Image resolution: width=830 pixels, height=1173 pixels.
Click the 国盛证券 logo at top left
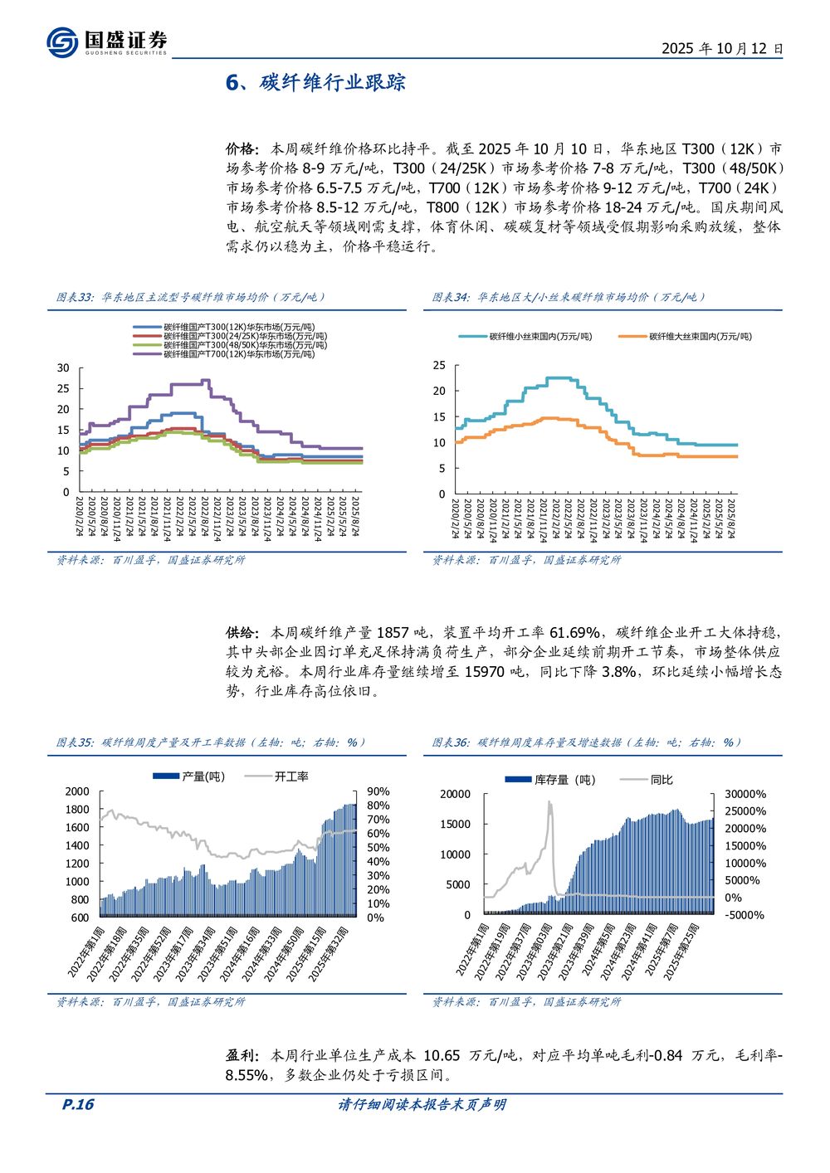pyautogui.click(x=106, y=41)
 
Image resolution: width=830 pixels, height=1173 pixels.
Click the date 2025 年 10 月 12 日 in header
pyautogui.click(x=721, y=48)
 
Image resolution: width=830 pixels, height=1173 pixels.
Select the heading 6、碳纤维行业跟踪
pyautogui.click(x=315, y=83)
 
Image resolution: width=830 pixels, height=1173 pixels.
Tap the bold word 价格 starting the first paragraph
pyautogui.click(x=241, y=149)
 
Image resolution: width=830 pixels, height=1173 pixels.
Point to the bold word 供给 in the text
pyautogui.click(x=241, y=633)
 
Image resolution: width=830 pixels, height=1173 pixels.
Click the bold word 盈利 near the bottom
pyautogui.click(x=241, y=1055)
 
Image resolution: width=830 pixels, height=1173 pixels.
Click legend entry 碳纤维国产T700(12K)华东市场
pyautogui.click(x=239, y=354)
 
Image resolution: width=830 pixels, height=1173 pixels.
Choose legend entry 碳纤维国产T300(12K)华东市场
pyautogui.click(x=239, y=327)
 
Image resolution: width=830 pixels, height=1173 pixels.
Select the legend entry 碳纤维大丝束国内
pyautogui.click(x=700, y=337)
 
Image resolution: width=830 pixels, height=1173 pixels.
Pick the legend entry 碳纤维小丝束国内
pyautogui.click(x=540, y=337)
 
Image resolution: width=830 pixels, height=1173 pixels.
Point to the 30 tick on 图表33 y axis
pyautogui.click(x=64, y=368)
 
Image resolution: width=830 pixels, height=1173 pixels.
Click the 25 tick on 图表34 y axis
pyautogui.click(x=439, y=366)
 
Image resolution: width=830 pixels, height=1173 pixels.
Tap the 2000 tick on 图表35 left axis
pyautogui.click(x=77, y=791)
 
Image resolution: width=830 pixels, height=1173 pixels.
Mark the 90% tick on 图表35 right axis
pyautogui.click(x=378, y=791)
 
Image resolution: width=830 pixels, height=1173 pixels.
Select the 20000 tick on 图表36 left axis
pyautogui.click(x=455, y=794)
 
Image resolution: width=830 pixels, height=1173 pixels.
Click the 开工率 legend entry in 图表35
pyautogui.click(x=291, y=776)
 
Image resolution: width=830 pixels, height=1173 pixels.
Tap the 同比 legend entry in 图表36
pyautogui.click(x=662, y=780)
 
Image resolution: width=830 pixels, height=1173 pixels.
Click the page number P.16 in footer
pyautogui.click(x=79, y=1104)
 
